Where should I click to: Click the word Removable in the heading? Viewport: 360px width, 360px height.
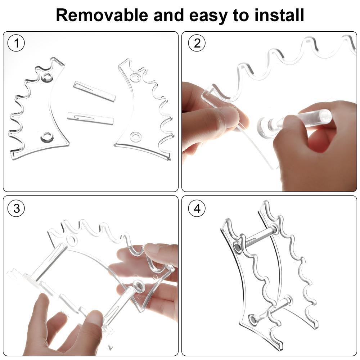tap(102, 15)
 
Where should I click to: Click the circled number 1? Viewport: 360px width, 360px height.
tap(16, 43)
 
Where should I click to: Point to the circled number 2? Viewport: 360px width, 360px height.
tap(197, 43)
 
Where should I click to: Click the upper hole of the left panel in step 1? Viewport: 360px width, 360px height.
tap(47, 78)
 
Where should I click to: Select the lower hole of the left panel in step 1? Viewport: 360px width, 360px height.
tap(46, 137)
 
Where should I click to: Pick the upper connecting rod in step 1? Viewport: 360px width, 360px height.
tap(95, 91)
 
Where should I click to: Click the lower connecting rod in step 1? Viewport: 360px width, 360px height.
tap(91, 118)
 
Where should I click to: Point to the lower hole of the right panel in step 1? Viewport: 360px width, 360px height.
tap(135, 137)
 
